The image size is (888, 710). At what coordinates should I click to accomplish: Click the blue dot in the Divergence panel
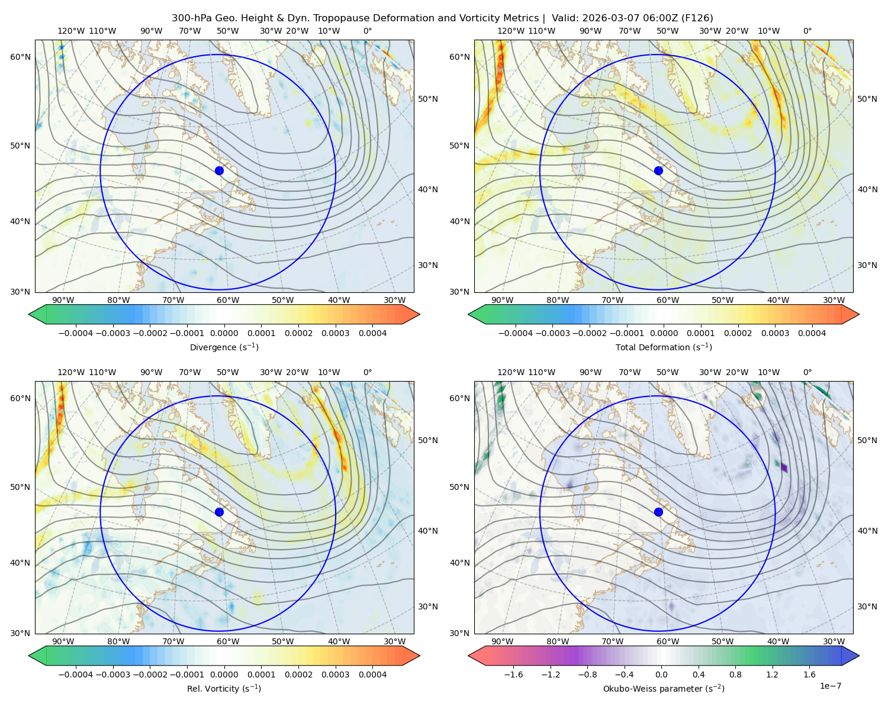(x=219, y=170)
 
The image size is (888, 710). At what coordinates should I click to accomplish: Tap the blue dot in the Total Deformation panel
(x=658, y=170)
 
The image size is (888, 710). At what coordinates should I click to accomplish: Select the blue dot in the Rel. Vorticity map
(x=219, y=512)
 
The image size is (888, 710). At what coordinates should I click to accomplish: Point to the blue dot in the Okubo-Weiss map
(x=658, y=512)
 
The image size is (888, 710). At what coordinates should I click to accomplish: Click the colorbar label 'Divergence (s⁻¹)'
(x=224, y=347)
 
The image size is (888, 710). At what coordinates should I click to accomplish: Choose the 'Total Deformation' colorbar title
(x=664, y=347)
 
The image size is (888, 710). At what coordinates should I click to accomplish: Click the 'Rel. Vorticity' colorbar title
(x=224, y=688)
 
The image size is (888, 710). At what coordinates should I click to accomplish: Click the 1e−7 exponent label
(x=830, y=686)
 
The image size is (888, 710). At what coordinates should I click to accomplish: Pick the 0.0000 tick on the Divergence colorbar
(x=224, y=333)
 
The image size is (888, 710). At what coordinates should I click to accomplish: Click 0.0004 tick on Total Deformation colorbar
(x=812, y=333)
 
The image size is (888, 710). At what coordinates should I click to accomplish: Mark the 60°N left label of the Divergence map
(x=20, y=57)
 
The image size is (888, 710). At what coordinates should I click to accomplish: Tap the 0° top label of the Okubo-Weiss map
(x=807, y=372)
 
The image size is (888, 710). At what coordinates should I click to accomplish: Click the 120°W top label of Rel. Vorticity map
(x=71, y=372)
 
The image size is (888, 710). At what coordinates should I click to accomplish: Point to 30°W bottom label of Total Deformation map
(x=834, y=300)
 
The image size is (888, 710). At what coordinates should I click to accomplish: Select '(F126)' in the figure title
(x=697, y=18)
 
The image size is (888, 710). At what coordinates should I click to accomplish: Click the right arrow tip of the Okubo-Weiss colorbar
(x=859, y=656)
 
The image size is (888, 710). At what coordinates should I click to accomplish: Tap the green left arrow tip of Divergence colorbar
(x=29, y=314)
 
